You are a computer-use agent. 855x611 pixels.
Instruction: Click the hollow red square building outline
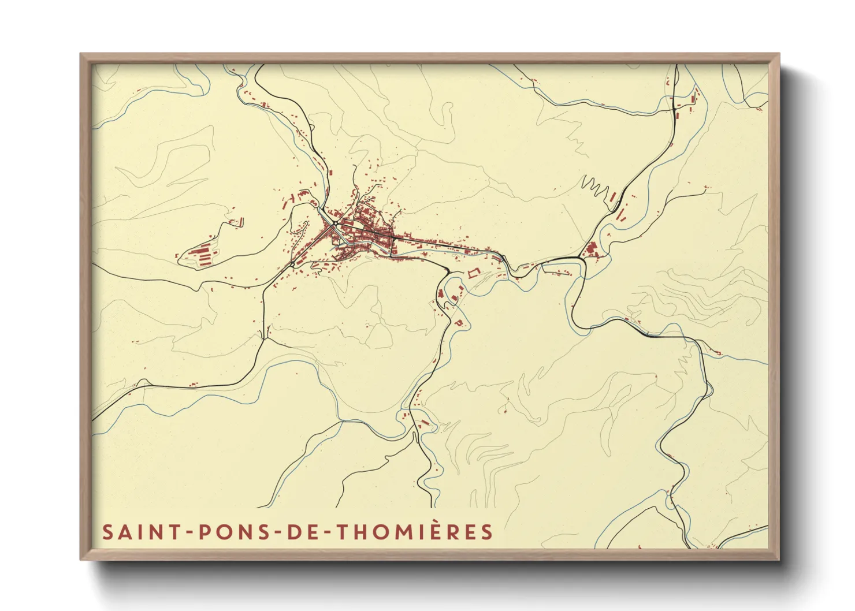click(x=474, y=273)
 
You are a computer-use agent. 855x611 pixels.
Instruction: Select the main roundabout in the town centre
click(x=334, y=223)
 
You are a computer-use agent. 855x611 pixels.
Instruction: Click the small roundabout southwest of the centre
click(x=293, y=264)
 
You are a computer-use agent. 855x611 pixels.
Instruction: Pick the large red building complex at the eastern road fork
click(x=590, y=251)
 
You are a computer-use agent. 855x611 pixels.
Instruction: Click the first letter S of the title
click(x=107, y=532)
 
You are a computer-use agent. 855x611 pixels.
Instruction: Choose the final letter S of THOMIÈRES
click(x=488, y=532)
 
